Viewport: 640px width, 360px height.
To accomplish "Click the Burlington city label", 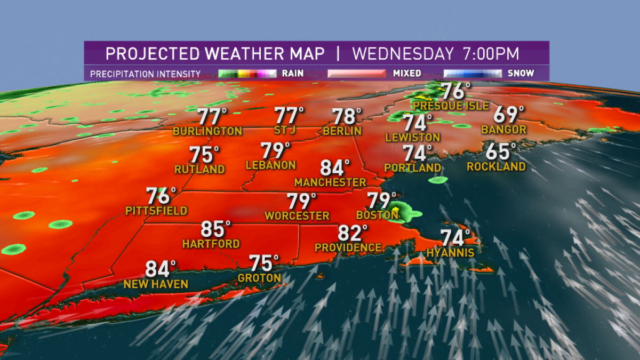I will [207, 131].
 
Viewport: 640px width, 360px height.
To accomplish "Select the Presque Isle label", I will [451, 106].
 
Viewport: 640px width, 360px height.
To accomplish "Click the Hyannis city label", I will [450, 253].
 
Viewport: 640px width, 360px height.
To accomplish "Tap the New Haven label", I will [156, 284].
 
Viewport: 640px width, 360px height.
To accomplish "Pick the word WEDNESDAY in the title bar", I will [402, 54].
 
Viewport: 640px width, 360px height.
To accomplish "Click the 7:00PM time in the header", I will [489, 54].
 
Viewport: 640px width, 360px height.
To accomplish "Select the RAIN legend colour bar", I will [247, 74].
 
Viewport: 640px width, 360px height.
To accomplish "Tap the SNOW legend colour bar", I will [473, 74].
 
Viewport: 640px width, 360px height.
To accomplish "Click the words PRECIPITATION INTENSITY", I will [145, 74].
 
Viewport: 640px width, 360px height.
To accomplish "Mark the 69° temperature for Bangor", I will [508, 115].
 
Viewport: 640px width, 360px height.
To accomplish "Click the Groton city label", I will [259, 278].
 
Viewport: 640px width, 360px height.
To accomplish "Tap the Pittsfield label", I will [156, 211].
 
